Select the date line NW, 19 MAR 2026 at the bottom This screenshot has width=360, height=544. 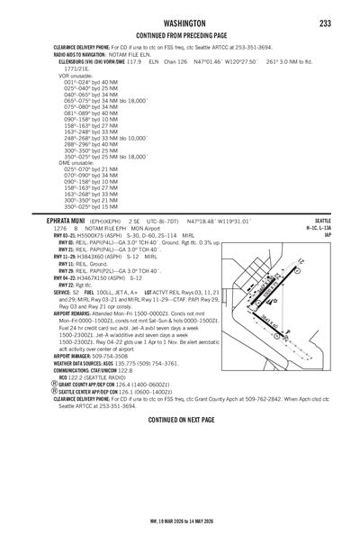[x=180, y=531]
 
